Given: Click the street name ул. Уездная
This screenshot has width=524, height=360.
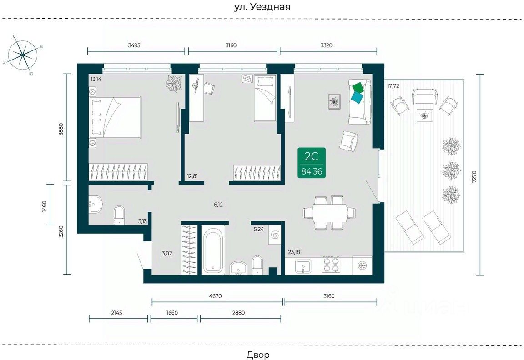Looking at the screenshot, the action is [262, 7].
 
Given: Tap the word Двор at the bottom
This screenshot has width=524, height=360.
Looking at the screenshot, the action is [258, 355].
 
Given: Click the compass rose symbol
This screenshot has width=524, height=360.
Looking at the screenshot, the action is [22, 55].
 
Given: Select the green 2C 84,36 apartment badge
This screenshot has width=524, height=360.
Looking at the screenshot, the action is [312, 164].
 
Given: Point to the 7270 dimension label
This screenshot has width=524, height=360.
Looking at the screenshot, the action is [474, 176].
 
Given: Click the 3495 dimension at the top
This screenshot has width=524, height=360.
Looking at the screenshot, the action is [134, 45].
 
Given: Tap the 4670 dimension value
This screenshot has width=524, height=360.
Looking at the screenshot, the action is [216, 296].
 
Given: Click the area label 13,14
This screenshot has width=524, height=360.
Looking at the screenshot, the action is [96, 79].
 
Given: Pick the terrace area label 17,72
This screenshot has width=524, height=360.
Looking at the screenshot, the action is [393, 86].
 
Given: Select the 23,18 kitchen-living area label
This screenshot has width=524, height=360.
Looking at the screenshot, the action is [294, 252].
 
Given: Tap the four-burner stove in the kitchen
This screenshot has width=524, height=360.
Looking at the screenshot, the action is [331, 265].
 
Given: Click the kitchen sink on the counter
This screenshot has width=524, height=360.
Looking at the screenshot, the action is [303, 266].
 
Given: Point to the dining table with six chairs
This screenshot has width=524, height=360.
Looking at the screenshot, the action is [329, 213].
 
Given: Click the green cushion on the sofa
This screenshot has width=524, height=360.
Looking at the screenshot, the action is [358, 87].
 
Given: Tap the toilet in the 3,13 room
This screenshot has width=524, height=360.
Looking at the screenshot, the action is [119, 215].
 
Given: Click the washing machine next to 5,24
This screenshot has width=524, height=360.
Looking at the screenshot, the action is [275, 236].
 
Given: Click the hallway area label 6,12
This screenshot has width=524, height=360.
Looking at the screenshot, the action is [218, 205].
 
